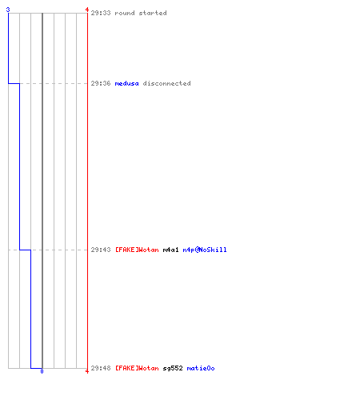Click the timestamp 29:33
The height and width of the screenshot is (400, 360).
coord(101,13)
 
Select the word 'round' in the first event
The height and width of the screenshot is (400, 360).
coord(125,13)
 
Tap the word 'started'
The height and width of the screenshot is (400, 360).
coord(153,13)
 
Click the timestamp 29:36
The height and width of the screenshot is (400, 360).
coord(101,83)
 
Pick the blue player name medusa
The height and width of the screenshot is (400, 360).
coord(126,83)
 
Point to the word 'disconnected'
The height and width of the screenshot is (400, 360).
coord(167,83)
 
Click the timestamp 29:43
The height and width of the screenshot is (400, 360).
coord(101,250)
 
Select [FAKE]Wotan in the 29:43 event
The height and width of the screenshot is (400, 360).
coord(137,250)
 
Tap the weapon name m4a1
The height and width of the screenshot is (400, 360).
coord(170,250)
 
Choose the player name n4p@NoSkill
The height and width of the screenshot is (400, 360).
coord(205,250)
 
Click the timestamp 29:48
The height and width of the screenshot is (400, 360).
coord(101,368)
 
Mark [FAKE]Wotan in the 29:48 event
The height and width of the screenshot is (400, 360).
coord(137,368)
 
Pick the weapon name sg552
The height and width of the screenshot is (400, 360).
coord(173,368)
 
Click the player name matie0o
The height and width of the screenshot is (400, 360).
coord(201,368)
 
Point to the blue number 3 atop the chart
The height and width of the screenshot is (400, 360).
coord(8,10)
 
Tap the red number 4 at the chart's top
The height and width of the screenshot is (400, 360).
coord(87,10)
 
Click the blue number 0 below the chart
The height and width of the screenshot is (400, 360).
coord(42,371)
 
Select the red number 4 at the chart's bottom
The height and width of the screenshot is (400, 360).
coord(87,371)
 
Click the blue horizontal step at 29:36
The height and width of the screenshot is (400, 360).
coord(14,83)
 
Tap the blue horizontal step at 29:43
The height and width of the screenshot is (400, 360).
coord(25,250)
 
